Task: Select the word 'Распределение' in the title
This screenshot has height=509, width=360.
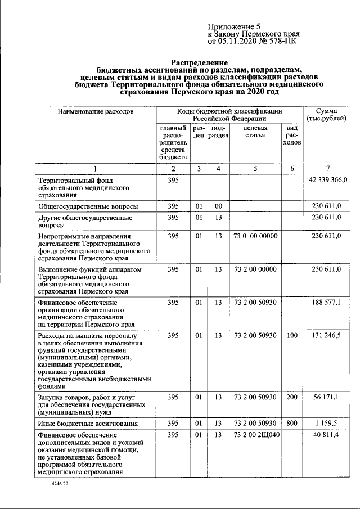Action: (x=200, y=62)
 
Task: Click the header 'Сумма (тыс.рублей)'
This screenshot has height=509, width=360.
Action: (x=326, y=115)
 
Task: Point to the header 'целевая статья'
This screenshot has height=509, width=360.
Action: (x=255, y=132)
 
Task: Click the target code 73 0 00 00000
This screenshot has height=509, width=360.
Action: (x=255, y=236)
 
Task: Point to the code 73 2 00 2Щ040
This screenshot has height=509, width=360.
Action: (x=256, y=435)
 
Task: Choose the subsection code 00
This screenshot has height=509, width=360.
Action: (x=218, y=206)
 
